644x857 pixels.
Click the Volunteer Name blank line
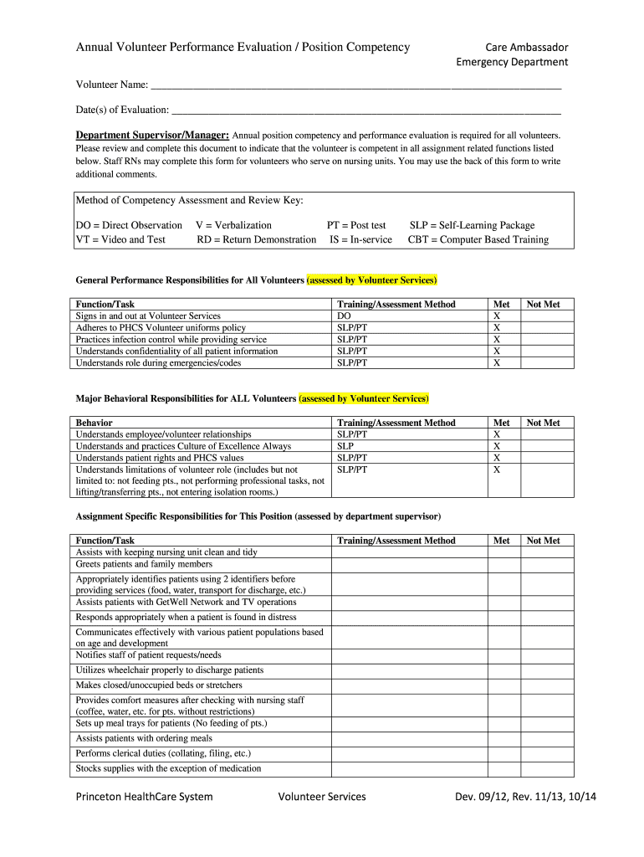(x=355, y=85)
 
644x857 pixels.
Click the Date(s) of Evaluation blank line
(x=365, y=110)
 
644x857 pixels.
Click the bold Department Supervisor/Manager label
(x=152, y=135)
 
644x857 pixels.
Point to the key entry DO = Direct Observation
(x=129, y=225)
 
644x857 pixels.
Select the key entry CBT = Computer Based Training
(x=478, y=240)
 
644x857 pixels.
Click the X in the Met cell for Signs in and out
(x=497, y=316)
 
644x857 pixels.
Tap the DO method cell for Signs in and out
(x=344, y=316)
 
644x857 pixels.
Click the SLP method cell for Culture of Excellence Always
(x=345, y=447)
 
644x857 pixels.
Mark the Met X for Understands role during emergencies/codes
(x=497, y=363)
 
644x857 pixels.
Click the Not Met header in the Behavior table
(x=543, y=423)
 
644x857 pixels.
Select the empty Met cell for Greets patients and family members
(x=504, y=564)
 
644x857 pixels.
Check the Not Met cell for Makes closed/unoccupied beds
(x=547, y=685)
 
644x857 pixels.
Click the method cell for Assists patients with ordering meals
(x=409, y=739)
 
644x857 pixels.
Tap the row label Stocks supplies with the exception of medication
(x=168, y=768)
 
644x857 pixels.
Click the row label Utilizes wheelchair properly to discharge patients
(x=169, y=670)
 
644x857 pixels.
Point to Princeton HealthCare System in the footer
(x=144, y=797)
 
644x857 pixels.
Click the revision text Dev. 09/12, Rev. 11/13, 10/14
(x=525, y=797)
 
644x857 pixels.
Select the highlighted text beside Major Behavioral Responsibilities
(x=364, y=398)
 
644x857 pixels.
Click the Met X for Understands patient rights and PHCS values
(x=497, y=459)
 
